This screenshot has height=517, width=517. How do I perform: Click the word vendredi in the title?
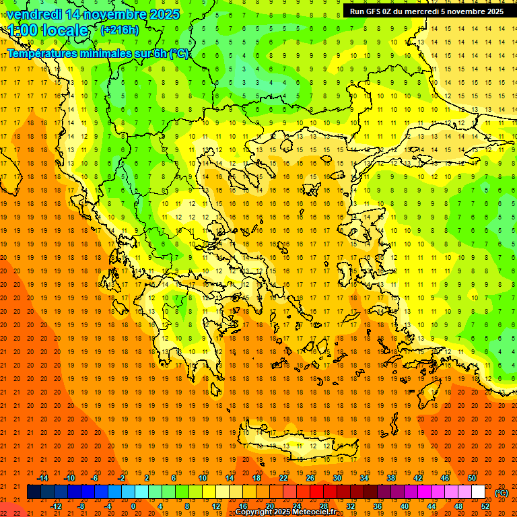(34, 14)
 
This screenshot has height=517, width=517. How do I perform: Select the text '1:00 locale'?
(48, 30)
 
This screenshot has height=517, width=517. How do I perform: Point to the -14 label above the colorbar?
(42, 478)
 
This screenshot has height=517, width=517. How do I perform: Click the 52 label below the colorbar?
(485, 506)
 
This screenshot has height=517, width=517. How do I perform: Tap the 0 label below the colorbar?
(133, 506)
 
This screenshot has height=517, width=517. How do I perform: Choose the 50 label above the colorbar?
(471, 478)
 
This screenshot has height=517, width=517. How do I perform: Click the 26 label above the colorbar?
(310, 478)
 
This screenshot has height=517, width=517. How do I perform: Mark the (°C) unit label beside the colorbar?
(502, 493)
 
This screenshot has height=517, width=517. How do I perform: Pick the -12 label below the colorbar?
(56, 506)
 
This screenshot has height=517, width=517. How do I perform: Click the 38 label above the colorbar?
(391, 478)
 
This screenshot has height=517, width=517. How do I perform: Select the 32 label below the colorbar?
(351, 506)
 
